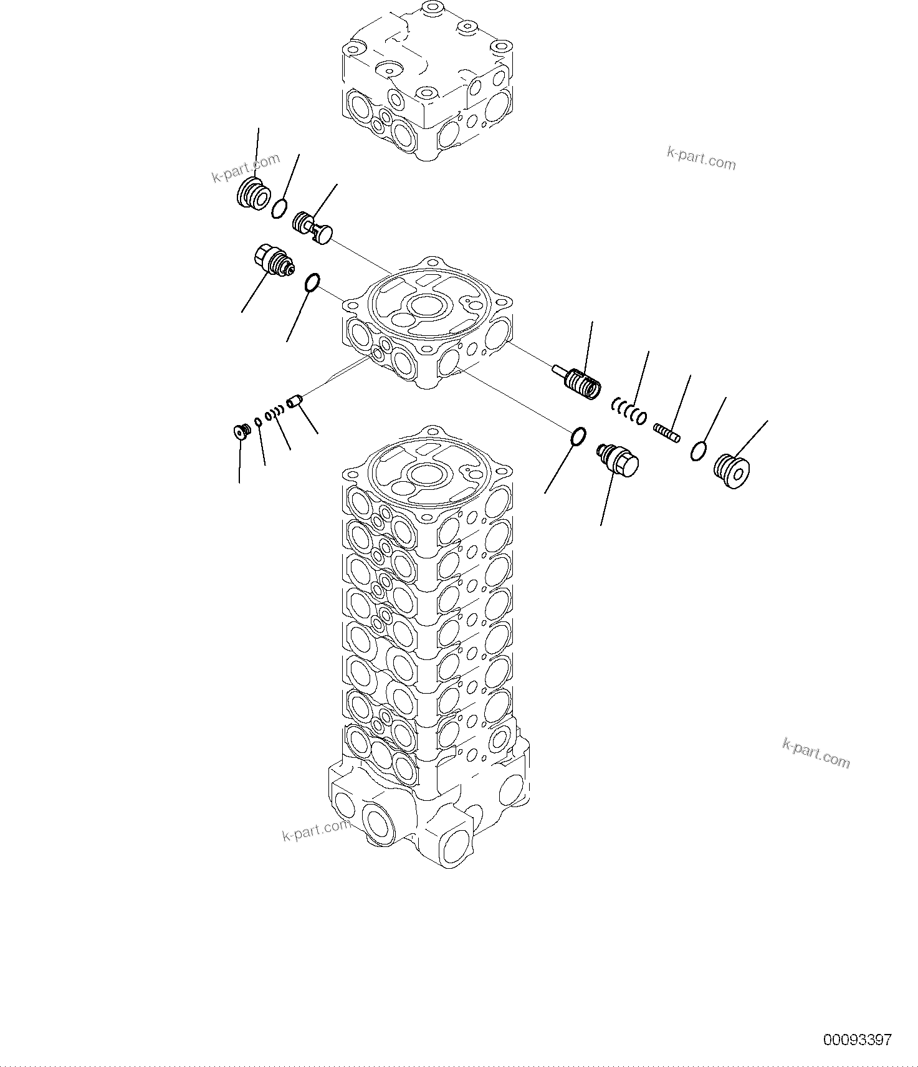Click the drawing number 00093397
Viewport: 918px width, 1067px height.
858,1040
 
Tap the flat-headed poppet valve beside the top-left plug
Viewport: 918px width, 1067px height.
313,227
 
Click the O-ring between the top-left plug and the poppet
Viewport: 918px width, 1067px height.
280,208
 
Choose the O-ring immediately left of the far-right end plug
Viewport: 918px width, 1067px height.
699,451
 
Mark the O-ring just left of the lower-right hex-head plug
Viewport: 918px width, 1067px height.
578,437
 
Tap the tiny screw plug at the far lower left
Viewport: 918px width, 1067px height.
240,431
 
